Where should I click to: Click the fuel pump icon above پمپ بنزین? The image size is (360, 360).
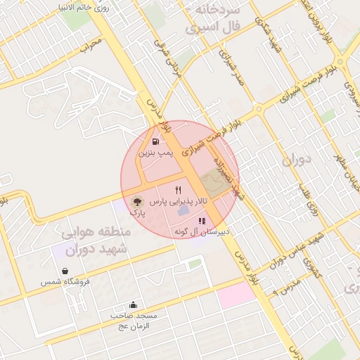click(154, 141)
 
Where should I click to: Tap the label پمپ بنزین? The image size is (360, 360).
click(155, 152)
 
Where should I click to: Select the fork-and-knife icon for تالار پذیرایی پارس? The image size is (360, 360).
click(178, 190)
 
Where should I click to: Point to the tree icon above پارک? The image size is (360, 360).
click(136, 201)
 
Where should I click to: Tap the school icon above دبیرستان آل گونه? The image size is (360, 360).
click(202, 221)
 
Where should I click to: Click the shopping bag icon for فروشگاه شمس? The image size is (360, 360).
click(65, 271)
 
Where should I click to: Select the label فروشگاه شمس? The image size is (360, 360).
click(65, 281)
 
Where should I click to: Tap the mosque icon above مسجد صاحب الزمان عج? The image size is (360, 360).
click(134, 304)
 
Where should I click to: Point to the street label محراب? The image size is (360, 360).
click(91, 46)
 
